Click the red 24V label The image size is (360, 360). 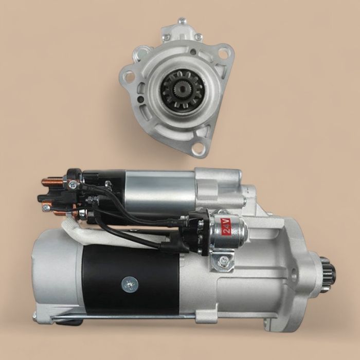[225, 226]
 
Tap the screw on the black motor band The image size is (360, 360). [130, 283]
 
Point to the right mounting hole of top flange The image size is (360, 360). [223, 53]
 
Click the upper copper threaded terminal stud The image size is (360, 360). [52, 182]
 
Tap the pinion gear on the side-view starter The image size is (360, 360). [327, 278]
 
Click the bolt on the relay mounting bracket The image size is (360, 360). [222, 262]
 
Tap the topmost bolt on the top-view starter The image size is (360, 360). [182, 22]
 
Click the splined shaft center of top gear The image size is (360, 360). [183, 89]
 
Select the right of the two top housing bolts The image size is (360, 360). [198, 37]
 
